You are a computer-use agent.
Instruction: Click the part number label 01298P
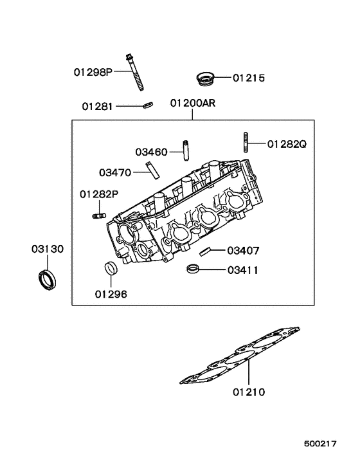pyautogui.click(x=93, y=73)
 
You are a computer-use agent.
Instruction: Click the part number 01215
pyautogui.click(x=248, y=78)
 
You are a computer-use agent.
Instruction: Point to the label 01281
pyautogui.click(x=98, y=105)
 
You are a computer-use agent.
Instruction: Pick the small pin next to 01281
pyautogui.click(x=147, y=105)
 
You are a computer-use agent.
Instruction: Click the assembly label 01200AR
pyautogui.click(x=193, y=104)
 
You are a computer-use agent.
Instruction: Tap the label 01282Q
pyautogui.click(x=287, y=144)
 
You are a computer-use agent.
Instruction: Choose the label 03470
pyautogui.click(x=115, y=172)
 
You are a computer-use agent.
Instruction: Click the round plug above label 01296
pyautogui.click(x=111, y=269)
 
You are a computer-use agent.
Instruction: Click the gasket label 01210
pyautogui.click(x=249, y=391)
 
